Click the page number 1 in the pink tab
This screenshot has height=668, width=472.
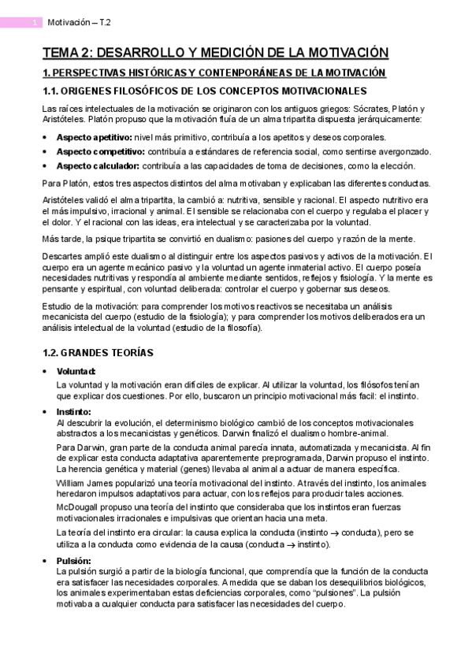pyautogui.click(x=34, y=24)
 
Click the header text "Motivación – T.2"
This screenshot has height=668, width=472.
pyautogui.click(x=80, y=24)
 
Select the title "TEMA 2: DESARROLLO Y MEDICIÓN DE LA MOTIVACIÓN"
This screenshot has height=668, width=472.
pyautogui.click(x=215, y=53)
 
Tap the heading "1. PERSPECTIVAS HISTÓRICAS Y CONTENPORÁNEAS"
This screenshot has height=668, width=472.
pyautogui.click(x=214, y=73)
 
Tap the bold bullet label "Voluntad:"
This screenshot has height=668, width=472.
pyautogui.click(x=76, y=371)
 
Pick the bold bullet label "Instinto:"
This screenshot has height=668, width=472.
pyautogui.click(x=74, y=411)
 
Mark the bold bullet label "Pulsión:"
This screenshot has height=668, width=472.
pyautogui.click(x=74, y=560)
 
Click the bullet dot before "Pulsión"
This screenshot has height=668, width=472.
pyautogui.click(x=45, y=560)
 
